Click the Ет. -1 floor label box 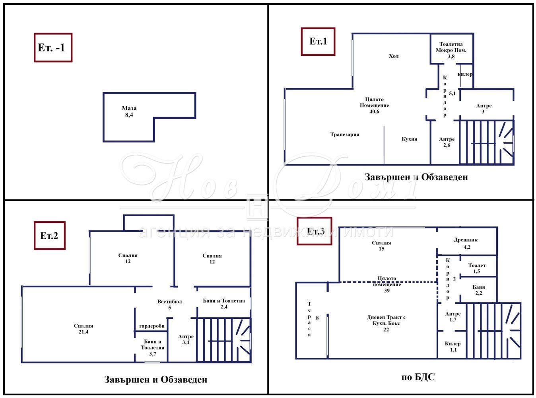(x=53, y=47)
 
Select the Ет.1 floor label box (x=318, y=41)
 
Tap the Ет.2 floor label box (x=50, y=235)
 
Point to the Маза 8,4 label (x=129, y=111)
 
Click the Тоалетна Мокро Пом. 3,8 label (x=451, y=50)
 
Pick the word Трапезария (x=345, y=134)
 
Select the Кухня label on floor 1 (x=410, y=139)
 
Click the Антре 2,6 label (x=447, y=142)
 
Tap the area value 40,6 (x=374, y=111)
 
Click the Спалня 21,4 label (x=84, y=329)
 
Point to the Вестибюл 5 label (x=169, y=304)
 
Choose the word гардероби (x=152, y=326)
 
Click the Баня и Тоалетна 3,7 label (x=152, y=347)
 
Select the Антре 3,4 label (x=186, y=339)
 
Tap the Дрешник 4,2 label (x=466, y=244)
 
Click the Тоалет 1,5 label (x=477, y=268)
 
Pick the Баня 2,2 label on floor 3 (x=478, y=290)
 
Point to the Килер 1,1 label (x=452, y=347)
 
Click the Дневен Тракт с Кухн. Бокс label (x=386, y=320)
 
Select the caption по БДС (x=418, y=377)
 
